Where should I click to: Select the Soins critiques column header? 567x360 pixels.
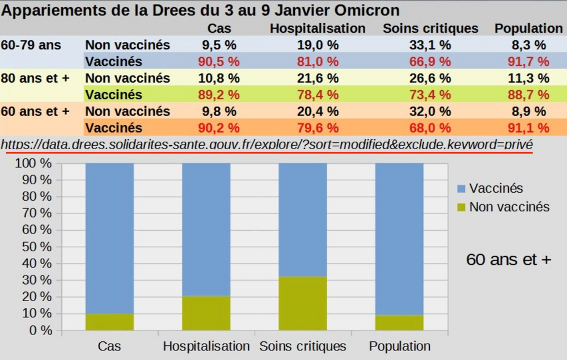tap(430, 28)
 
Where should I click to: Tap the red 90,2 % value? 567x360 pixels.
tap(220, 128)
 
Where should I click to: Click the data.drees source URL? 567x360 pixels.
tap(266, 145)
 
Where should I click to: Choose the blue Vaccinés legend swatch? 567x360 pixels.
tap(460, 188)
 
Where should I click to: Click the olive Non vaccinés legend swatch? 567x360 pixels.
tap(460, 207)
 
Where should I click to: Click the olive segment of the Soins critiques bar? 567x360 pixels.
tap(303, 303)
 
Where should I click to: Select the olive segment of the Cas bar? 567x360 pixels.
tap(109, 321)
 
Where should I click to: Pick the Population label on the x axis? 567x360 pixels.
tap(400, 346)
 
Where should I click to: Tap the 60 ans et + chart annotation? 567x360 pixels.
tap(508, 260)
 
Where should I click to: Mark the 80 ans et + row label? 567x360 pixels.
tap(35, 78)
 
